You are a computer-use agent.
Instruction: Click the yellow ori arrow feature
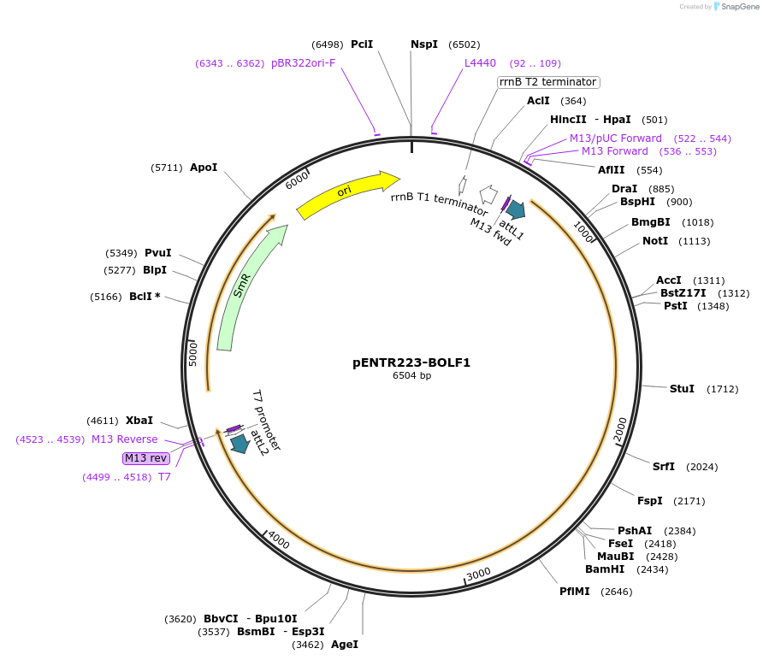click(x=346, y=193)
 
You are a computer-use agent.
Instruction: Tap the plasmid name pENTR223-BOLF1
click(x=411, y=362)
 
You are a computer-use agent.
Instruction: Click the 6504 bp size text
click(x=411, y=375)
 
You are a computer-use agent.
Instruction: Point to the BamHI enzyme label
click(x=605, y=569)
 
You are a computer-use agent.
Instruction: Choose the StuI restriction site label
click(x=682, y=389)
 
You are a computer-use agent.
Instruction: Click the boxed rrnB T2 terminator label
click(x=548, y=82)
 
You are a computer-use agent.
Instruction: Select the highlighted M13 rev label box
click(x=146, y=458)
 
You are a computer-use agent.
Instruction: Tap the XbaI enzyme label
click(x=139, y=421)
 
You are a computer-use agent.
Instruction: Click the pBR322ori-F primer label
click(x=303, y=63)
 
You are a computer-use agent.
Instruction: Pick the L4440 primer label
click(x=480, y=63)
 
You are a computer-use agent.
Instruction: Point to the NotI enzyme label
click(x=655, y=241)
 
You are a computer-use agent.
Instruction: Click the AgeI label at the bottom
click(x=345, y=645)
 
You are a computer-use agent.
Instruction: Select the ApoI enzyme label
click(x=204, y=168)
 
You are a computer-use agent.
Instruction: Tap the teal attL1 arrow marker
click(x=515, y=209)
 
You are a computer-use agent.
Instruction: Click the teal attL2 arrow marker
click(x=240, y=443)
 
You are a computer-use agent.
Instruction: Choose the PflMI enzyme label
click(x=575, y=592)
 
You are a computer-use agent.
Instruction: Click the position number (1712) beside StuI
click(x=722, y=389)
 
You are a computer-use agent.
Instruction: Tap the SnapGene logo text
click(x=737, y=7)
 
